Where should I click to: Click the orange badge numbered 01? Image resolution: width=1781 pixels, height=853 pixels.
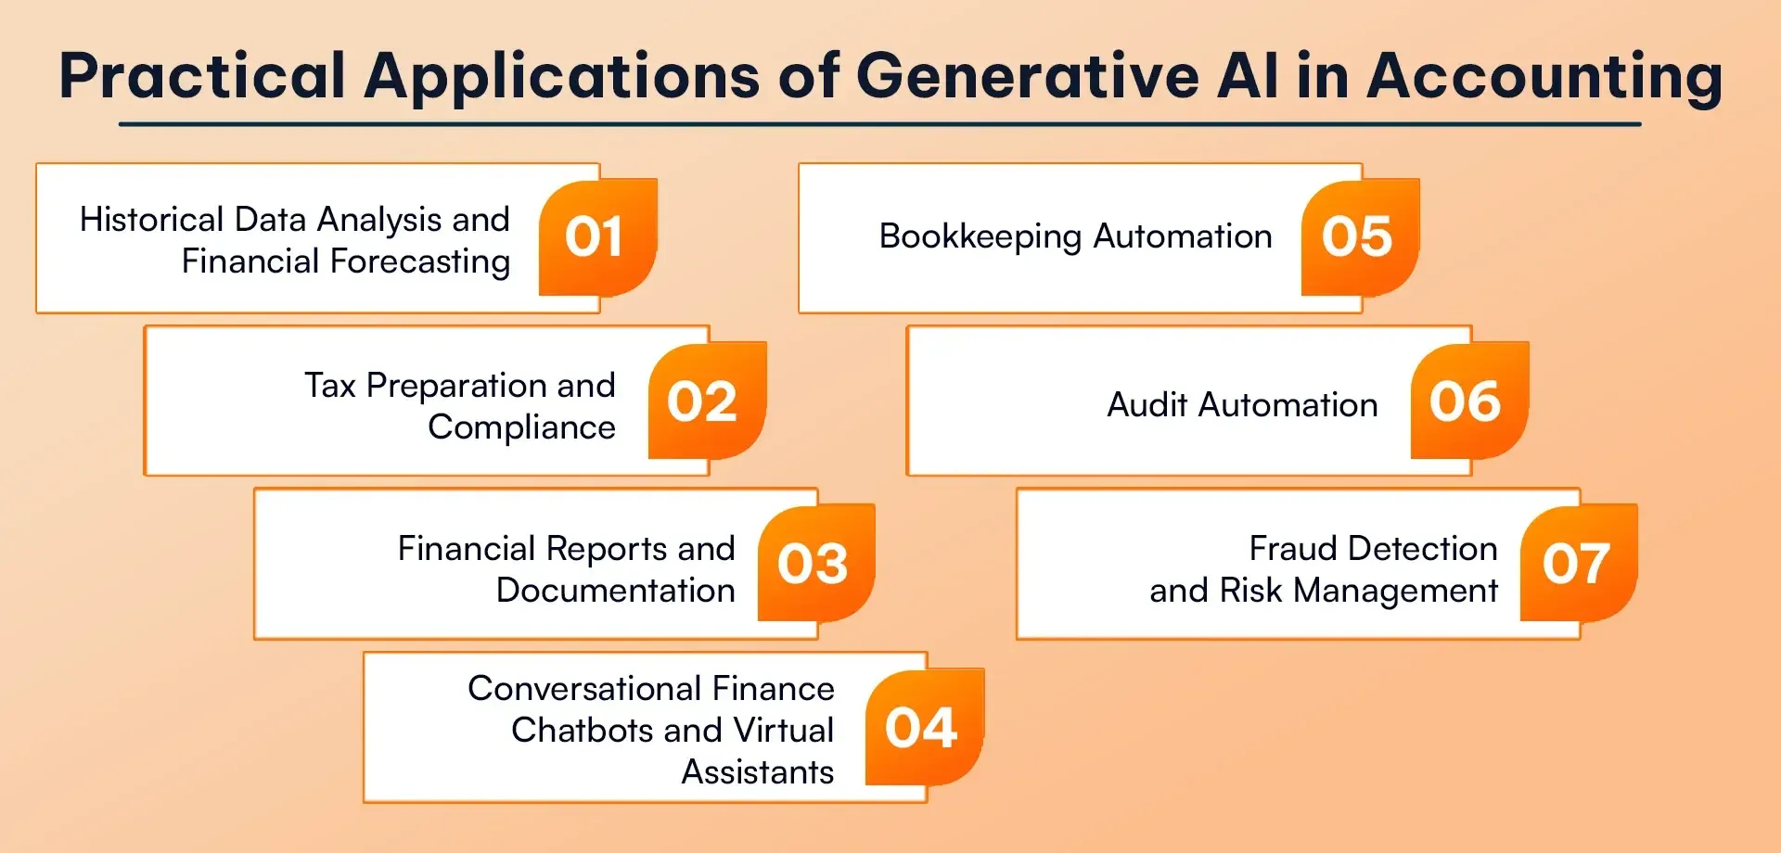pyautogui.click(x=598, y=237)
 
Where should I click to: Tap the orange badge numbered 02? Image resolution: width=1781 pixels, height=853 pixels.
pyautogui.click(x=708, y=401)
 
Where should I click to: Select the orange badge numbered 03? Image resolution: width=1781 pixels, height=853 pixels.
pyautogui.click(x=817, y=563)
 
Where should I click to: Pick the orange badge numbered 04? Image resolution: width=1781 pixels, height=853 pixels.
pyautogui.click(x=925, y=727)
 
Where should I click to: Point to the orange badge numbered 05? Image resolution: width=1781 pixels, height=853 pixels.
pyautogui.click(x=1361, y=237)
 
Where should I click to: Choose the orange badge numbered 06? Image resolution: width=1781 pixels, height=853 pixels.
pyautogui.click(x=1470, y=401)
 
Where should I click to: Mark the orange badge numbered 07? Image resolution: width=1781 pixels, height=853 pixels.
pyautogui.click(x=1580, y=563)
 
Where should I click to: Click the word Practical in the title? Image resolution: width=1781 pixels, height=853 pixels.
pyautogui.click(x=202, y=75)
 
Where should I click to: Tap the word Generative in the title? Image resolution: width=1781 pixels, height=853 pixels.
pyautogui.click(x=1028, y=75)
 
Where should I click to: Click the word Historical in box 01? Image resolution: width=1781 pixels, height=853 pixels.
pyautogui.click(x=152, y=220)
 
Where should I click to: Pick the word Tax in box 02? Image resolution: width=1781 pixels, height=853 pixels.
pyautogui.click(x=330, y=385)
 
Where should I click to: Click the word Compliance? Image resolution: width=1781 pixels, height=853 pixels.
pyautogui.click(x=521, y=427)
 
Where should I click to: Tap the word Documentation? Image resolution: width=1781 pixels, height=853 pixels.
pyautogui.click(x=616, y=591)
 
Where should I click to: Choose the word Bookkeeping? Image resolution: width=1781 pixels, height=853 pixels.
pyautogui.click(x=980, y=237)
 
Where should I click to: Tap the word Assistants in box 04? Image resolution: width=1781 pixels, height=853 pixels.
pyautogui.click(x=758, y=772)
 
